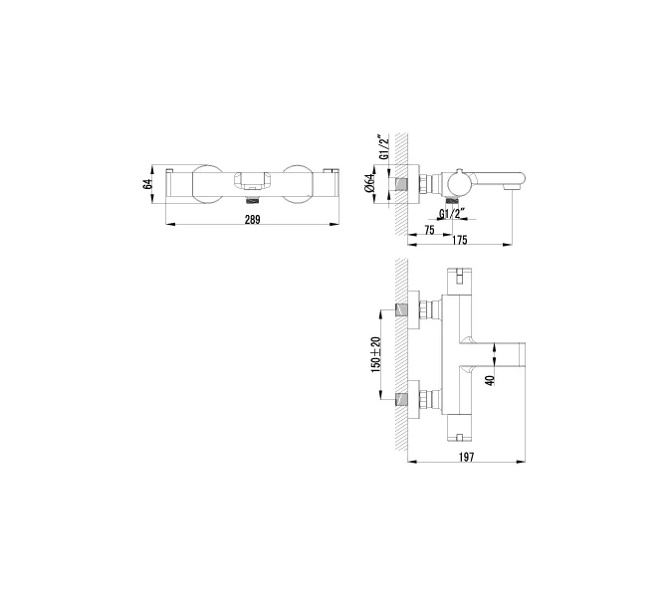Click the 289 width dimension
[252, 220]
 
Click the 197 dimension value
[467, 457]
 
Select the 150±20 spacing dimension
[375, 355]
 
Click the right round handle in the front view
[298, 184]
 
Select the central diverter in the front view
[252, 181]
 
